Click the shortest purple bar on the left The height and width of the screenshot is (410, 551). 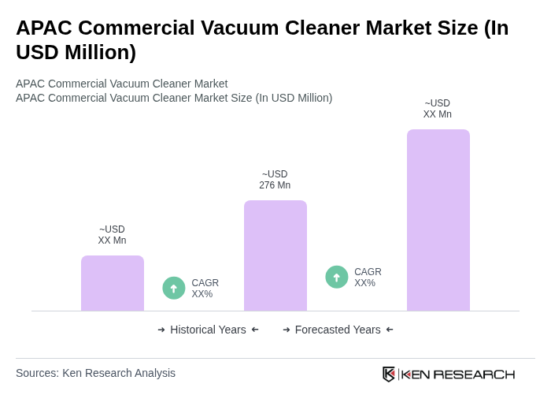(x=113, y=283)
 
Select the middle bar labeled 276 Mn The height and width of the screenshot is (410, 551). (x=275, y=255)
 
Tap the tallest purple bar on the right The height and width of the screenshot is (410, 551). (x=438, y=220)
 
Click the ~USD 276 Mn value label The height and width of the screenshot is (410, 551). (x=275, y=180)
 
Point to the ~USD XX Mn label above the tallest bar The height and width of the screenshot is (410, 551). (x=438, y=109)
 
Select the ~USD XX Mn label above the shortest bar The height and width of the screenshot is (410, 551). (x=112, y=235)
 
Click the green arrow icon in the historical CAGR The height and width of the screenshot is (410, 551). (x=174, y=289)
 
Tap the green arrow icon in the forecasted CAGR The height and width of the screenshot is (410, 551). (x=337, y=278)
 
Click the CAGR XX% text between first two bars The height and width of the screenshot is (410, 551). (x=205, y=289)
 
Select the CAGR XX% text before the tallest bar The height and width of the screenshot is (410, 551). (x=368, y=278)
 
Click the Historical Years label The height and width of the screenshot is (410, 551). (x=208, y=330)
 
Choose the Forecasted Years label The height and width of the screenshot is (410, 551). (x=338, y=330)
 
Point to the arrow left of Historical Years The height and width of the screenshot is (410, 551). (x=161, y=330)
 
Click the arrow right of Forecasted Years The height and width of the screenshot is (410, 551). (x=390, y=330)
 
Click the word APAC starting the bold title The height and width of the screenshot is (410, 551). (x=44, y=28)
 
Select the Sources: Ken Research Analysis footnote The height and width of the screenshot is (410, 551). (x=95, y=373)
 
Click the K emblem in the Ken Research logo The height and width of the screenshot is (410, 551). (x=389, y=374)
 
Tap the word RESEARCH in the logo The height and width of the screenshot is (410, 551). (x=474, y=374)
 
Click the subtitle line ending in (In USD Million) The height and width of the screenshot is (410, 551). (x=174, y=98)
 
